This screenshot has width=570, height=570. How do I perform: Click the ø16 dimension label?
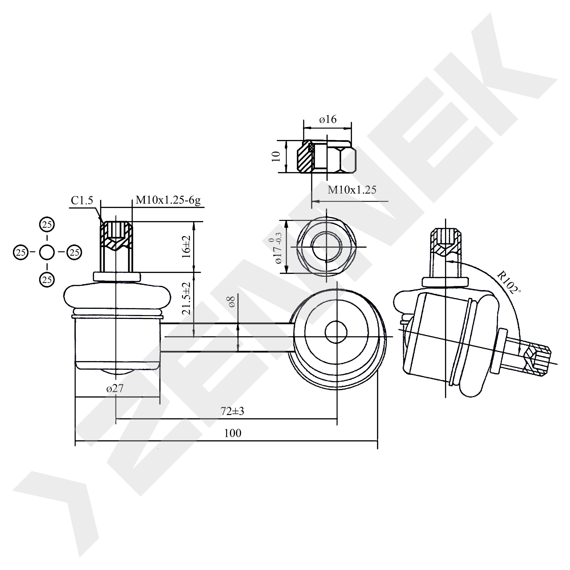click(x=328, y=119)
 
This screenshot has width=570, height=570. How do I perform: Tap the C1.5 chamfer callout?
click(x=82, y=201)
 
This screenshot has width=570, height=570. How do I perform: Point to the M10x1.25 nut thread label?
click(x=352, y=190)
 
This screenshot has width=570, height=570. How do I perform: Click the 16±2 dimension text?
click(x=187, y=247)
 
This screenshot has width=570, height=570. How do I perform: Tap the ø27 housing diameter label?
click(x=115, y=388)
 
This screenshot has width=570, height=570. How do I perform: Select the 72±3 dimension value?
click(x=233, y=411)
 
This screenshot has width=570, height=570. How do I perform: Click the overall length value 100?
click(x=233, y=433)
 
